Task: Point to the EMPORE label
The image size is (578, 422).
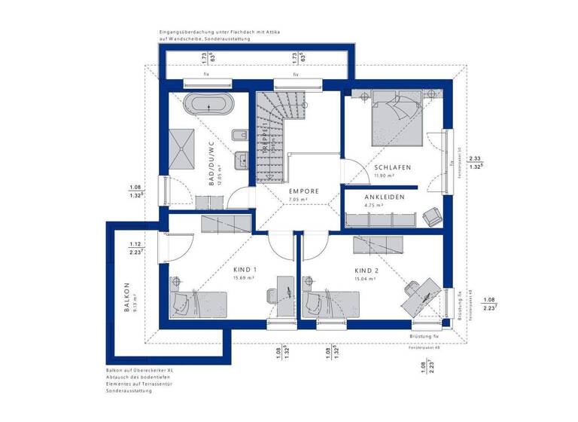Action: point(305,191)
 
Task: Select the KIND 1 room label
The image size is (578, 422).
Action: point(245,270)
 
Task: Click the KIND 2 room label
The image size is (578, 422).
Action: point(368,270)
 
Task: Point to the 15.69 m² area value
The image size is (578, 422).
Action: point(245,278)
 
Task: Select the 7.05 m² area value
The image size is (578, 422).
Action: point(304,200)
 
